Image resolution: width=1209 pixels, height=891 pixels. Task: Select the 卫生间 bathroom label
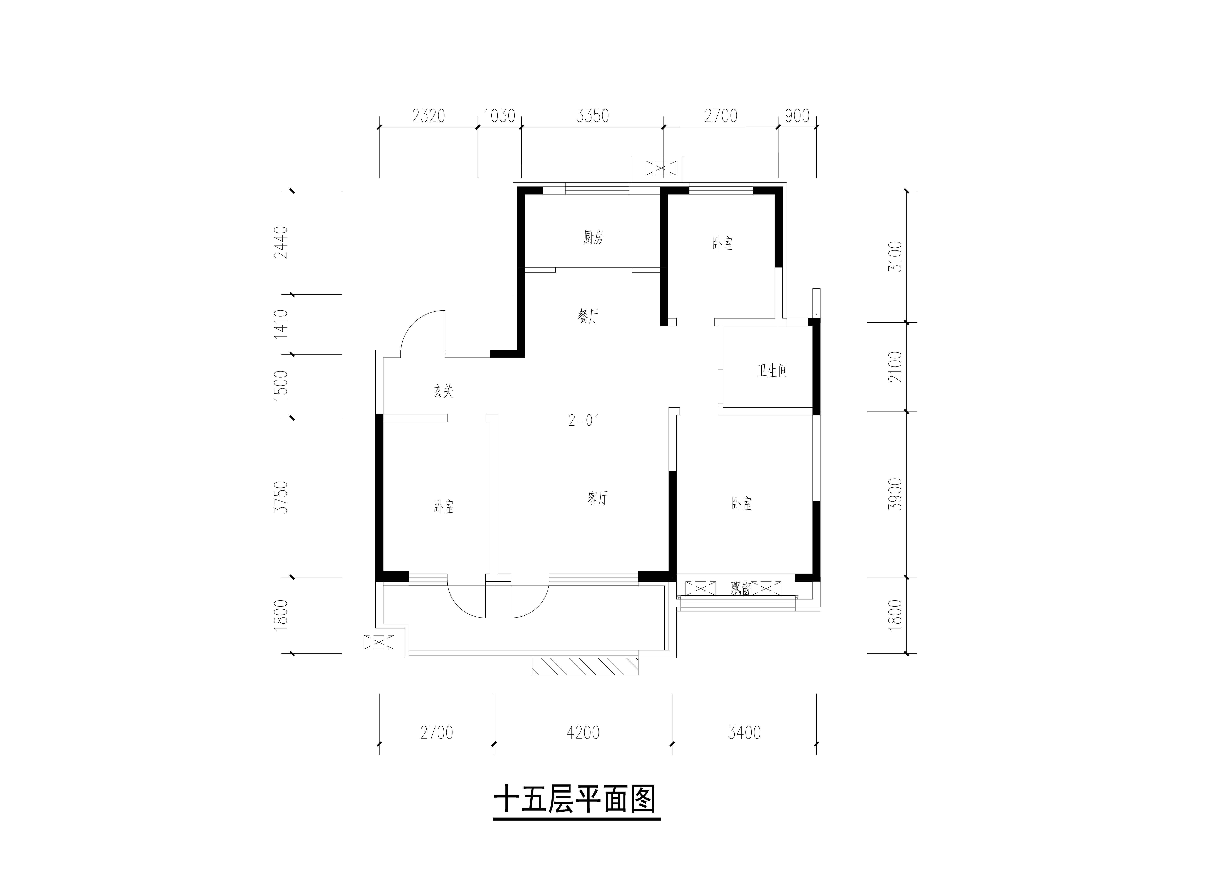pos(772,370)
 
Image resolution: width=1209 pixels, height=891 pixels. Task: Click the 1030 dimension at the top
pos(499,116)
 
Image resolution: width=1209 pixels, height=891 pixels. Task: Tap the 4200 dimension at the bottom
pos(583,732)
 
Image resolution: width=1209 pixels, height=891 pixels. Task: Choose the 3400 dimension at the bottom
pos(744,732)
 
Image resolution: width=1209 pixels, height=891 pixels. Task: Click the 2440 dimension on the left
pos(281,242)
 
